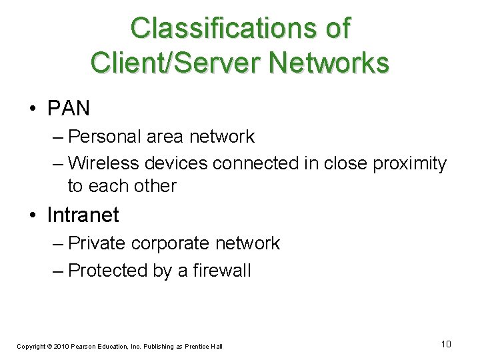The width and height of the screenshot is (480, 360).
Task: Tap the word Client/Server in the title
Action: click(x=176, y=63)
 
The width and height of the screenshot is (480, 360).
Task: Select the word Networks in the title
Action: click(x=327, y=63)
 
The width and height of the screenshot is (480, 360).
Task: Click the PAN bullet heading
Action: click(x=68, y=107)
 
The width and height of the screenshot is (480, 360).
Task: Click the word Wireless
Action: click(x=104, y=163)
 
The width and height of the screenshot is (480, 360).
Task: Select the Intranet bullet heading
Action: click(x=83, y=215)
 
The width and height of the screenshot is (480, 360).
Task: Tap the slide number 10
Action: click(x=446, y=344)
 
